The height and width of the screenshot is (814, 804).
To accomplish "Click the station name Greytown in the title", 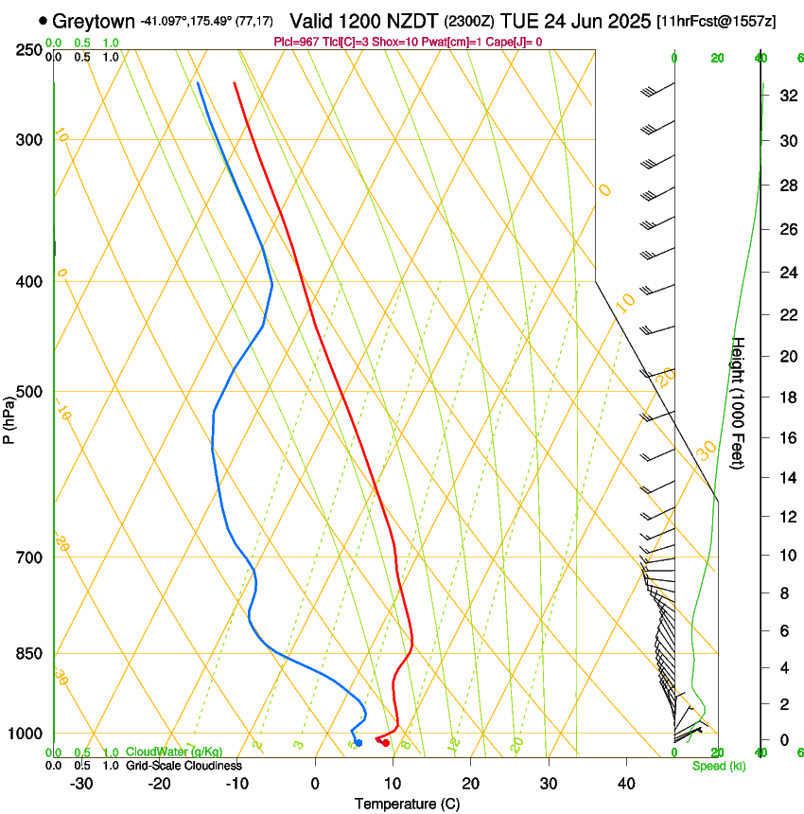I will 94,21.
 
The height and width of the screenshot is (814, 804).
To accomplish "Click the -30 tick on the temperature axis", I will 81,784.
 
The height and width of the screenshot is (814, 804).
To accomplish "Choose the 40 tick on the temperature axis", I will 626,784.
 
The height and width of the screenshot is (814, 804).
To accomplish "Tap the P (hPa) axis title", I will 9,418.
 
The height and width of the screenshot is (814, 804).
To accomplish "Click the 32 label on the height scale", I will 787,96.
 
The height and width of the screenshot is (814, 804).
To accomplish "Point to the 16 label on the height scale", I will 787,438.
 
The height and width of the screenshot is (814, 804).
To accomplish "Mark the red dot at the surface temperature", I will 385,743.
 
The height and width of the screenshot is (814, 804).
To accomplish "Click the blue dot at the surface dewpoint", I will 358,743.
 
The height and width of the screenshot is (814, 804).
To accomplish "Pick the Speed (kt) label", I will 718,766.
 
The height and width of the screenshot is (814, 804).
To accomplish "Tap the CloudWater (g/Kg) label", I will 174,752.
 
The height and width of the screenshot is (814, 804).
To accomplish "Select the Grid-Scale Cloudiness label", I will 184,766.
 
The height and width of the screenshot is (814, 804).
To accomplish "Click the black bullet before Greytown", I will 44,21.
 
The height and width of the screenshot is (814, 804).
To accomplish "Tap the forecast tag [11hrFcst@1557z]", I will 716,21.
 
